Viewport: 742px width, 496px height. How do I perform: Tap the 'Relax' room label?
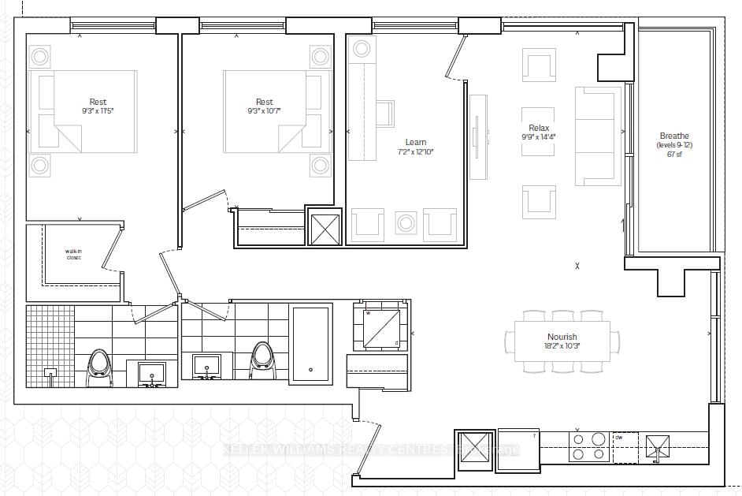539,128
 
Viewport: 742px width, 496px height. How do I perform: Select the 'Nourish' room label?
562,337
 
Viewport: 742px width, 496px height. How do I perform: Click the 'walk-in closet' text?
73,255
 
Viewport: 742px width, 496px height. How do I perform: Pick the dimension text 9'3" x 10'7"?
264,111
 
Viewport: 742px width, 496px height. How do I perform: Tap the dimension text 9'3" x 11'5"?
98,111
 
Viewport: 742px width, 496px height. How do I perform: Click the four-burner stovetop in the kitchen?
588,447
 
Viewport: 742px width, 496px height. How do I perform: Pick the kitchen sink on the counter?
655,446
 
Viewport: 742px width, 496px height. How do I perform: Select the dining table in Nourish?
562,340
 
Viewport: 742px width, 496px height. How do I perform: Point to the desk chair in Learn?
386,113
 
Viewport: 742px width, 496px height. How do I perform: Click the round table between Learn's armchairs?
406,223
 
